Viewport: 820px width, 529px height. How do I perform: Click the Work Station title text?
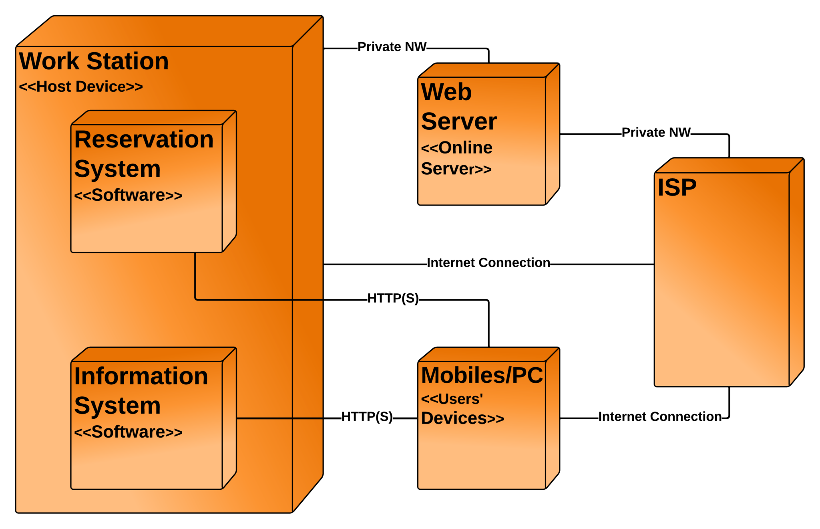94,61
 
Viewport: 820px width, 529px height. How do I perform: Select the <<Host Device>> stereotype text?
80,87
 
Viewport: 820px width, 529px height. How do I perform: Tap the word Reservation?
144,139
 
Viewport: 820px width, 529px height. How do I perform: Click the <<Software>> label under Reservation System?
128,195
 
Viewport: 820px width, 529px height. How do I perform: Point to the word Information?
141,376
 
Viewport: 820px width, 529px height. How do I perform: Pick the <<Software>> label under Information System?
128,432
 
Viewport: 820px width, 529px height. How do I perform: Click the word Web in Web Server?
446,92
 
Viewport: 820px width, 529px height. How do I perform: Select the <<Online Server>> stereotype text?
456,158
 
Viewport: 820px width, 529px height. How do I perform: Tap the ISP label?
677,187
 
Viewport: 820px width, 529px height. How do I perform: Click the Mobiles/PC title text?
482,376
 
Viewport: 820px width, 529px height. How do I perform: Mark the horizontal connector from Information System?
264,418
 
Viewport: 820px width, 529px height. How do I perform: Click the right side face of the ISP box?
796,273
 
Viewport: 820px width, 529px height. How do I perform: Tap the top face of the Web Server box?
488,71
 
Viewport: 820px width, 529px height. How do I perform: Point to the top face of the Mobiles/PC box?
488,355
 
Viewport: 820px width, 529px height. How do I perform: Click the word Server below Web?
459,121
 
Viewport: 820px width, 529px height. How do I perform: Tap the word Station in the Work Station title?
127,61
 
